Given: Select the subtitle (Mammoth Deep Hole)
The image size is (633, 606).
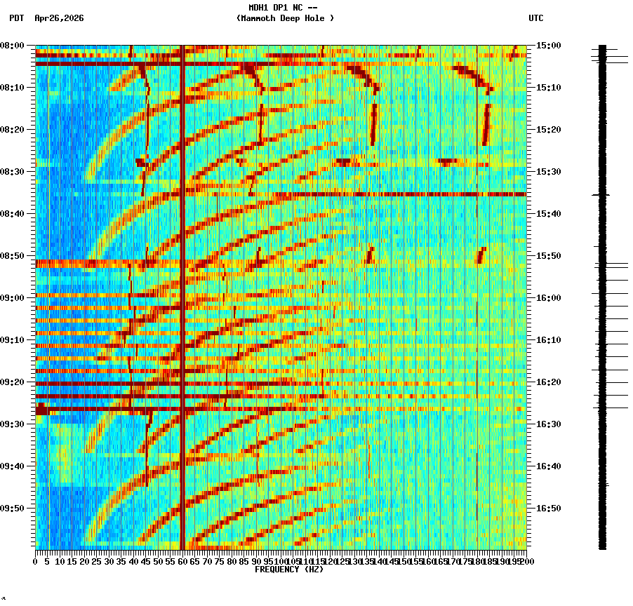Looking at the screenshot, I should click(x=285, y=18).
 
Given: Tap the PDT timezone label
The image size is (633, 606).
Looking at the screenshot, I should click(x=16, y=18).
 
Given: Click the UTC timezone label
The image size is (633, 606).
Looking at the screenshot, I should click(x=535, y=18).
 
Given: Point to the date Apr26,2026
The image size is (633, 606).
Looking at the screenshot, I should click(x=59, y=18).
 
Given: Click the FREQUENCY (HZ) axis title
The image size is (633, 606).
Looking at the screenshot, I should click(x=288, y=570).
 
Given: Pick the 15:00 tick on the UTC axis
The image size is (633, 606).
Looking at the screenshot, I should click(x=548, y=46).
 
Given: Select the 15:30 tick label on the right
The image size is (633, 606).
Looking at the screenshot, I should click(x=548, y=172).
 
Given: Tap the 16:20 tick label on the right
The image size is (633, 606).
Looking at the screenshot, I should click(x=548, y=382).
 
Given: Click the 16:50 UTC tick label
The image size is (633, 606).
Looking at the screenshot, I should click(x=548, y=509).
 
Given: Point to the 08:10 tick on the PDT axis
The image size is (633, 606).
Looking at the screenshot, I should click(x=12, y=88).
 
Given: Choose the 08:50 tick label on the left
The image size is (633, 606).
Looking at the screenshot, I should click(x=12, y=256).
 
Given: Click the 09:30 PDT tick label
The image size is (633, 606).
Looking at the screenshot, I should click(x=12, y=424).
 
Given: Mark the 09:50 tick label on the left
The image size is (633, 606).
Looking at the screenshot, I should click(x=12, y=509).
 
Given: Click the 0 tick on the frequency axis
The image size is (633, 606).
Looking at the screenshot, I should click(x=36, y=562).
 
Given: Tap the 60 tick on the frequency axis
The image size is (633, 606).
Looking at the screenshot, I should click(x=182, y=562).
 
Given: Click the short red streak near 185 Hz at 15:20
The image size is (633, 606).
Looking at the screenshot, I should click(x=486, y=125).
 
